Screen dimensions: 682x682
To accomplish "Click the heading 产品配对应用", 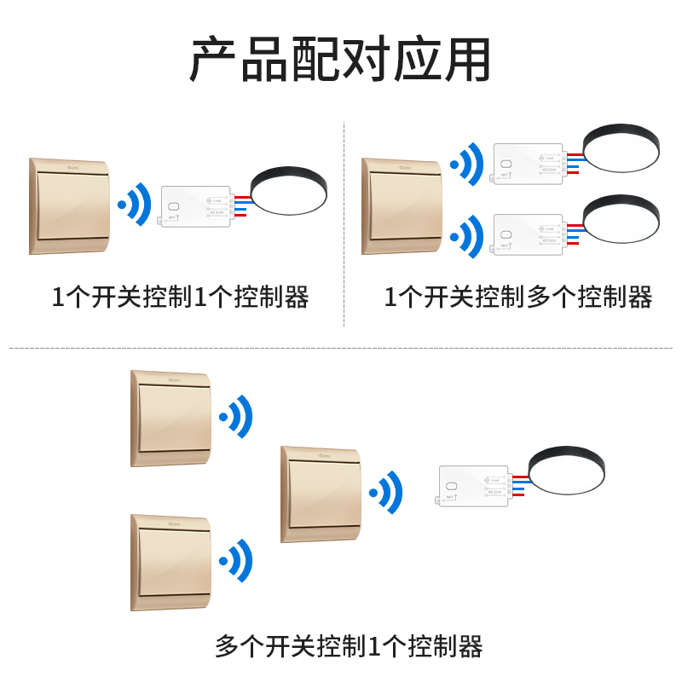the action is (x=340, y=60).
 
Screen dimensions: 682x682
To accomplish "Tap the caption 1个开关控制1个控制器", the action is (x=180, y=298).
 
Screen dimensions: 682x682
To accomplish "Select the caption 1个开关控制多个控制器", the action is (x=517, y=298).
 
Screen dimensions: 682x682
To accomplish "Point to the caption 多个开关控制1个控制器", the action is (x=349, y=646).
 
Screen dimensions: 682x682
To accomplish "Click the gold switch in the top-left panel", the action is (x=70, y=205).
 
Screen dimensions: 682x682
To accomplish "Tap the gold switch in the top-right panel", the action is (x=402, y=205).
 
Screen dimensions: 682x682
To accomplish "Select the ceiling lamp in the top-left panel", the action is (x=288, y=189).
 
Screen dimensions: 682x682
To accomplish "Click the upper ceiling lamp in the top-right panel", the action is (x=621, y=147).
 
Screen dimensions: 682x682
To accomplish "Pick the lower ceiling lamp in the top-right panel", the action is (x=621, y=218).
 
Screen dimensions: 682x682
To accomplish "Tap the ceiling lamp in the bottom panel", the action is (x=566, y=469).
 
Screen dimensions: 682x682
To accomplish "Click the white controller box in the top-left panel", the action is (x=195, y=206).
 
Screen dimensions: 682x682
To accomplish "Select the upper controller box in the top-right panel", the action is (x=528, y=164).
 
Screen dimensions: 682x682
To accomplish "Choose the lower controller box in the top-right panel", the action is (x=528, y=234).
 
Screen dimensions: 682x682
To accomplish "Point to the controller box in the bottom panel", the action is (x=474, y=486).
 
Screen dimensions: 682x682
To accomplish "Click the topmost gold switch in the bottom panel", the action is (x=171, y=418).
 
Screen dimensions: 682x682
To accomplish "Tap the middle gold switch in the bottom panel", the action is (x=321, y=494).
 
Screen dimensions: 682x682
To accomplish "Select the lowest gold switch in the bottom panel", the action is (x=171, y=562).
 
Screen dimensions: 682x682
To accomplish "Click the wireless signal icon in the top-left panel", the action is (x=135, y=205).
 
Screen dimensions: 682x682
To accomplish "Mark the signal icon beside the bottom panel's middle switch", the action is (x=386, y=492).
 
